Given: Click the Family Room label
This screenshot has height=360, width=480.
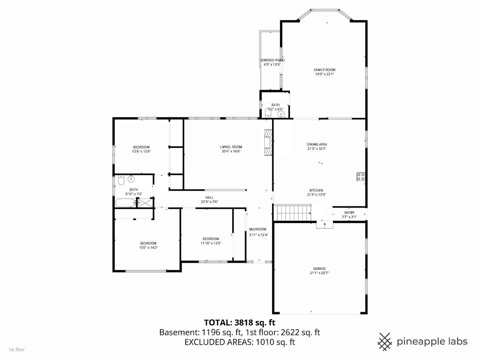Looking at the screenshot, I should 324,70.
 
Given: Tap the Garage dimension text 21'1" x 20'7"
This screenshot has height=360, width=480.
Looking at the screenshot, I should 319,273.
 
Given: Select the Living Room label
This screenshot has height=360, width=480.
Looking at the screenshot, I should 231,147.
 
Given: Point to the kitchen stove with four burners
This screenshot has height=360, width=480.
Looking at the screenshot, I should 361,177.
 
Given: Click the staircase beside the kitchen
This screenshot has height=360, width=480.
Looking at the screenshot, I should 292,213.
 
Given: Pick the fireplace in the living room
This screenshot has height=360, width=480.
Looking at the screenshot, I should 268,143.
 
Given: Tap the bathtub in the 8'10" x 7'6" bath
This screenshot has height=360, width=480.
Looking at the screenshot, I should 125,203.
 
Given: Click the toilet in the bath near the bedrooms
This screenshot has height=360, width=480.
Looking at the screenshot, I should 121,181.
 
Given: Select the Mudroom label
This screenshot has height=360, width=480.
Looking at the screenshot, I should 258,229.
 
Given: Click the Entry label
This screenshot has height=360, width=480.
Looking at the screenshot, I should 349,213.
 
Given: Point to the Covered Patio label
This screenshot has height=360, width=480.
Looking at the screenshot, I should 272,60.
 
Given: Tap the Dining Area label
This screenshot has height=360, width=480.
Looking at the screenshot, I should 317,145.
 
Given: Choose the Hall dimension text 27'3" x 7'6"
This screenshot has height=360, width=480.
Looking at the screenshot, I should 209,202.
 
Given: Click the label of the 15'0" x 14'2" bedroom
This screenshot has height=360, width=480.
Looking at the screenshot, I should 148,243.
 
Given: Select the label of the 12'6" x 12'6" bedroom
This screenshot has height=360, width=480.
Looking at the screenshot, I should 141,147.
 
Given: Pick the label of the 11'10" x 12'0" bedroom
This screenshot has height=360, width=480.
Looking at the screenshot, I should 211,239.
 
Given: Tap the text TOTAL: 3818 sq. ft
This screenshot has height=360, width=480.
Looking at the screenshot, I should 239,323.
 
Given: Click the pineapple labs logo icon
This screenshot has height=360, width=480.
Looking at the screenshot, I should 384,342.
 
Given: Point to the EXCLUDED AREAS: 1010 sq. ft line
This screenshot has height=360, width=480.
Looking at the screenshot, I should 239,342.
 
